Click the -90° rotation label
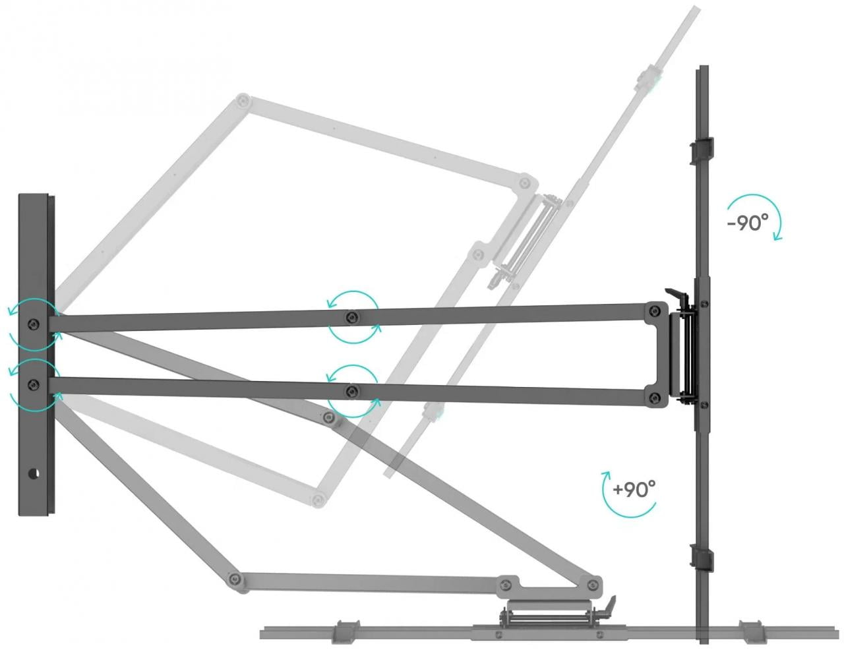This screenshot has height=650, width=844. (x=747, y=223)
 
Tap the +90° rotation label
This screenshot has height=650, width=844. (x=634, y=489)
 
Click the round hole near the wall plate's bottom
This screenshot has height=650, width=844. (x=34, y=474)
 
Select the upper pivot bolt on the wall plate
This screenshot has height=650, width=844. (x=34, y=324)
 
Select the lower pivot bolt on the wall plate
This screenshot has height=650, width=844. (x=34, y=384)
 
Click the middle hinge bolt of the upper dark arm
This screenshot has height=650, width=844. (x=352, y=317)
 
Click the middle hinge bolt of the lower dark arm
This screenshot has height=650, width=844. (x=352, y=391)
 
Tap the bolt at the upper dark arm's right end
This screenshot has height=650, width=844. (x=655, y=310)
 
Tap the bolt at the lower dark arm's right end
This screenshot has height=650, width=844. (x=655, y=397)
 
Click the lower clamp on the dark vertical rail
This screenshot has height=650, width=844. (x=702, y=559)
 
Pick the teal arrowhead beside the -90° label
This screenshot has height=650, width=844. (x=777, y=236)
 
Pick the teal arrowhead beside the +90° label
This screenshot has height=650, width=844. (x=605, y=475)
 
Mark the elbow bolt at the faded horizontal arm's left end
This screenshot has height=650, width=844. (x=234, y=579)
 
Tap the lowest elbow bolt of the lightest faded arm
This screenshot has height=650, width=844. (x=318, y=499)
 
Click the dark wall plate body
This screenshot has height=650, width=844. (x=36, y=355)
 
